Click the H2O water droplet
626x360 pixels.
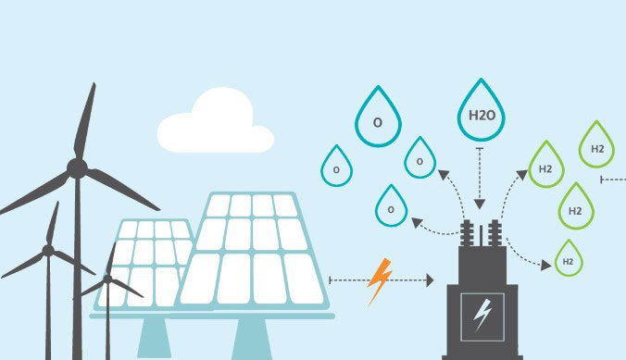pyautogui.click(x=479, y=116)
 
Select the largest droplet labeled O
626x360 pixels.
pyautogui.click(x=378, y=122)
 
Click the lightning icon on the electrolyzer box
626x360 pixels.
pyautogui.click(x=482, y=316)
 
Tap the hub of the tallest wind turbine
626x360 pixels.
pyautogui.click(x=77, y=168)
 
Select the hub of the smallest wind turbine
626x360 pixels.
pyautogui.click(x=108, y=278)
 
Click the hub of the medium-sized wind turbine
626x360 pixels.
pyautogui.click(x=45, y=251)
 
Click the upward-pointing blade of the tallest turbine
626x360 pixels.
pyautogui.click(x=86, y=120)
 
